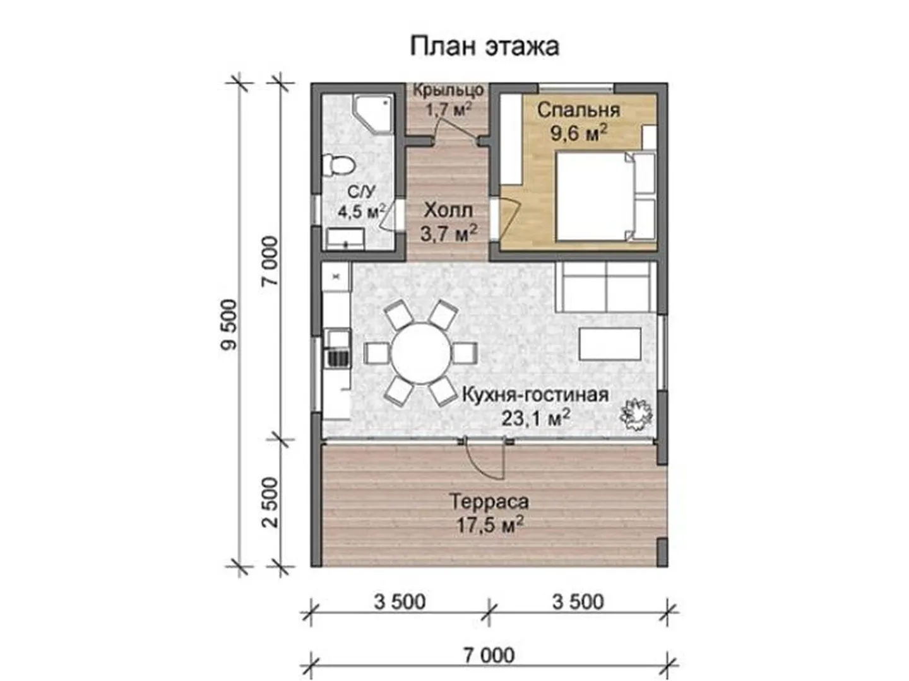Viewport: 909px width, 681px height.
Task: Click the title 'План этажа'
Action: pos(484,46)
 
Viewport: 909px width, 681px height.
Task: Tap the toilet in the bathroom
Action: pos(339,165)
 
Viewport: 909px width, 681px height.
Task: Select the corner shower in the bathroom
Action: pos(372,113)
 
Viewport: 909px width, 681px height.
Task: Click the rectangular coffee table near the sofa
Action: pos(610,343)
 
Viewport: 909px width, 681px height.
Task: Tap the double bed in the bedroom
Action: pos(605,196)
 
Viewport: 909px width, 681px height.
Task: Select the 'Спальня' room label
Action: pos(578,111)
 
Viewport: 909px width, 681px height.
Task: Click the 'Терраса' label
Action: pos(489,501)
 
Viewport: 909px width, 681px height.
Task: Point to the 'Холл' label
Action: pos(448,211)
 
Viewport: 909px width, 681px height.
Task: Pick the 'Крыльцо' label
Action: pos(448,90)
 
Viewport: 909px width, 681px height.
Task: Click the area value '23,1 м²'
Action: pos(536,419)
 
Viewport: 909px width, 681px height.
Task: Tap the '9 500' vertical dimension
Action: pos(229,325)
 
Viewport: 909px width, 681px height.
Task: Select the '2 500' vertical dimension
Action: pos(271,502)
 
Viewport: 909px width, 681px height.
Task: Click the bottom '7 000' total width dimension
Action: pos(489,655)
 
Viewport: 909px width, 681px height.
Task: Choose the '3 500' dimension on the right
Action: pos(578,602)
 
